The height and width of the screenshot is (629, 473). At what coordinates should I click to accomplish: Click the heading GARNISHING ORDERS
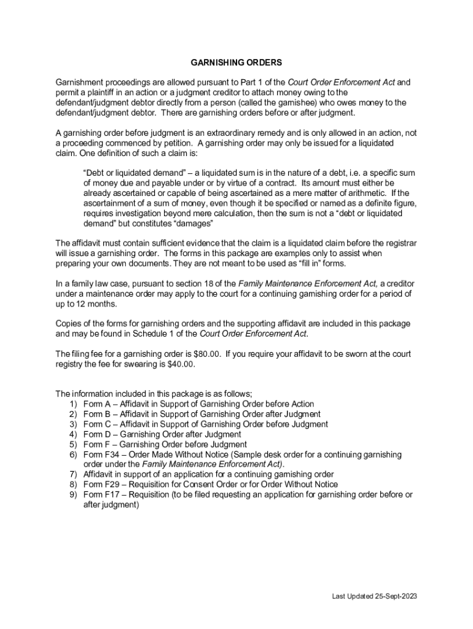point(236,63)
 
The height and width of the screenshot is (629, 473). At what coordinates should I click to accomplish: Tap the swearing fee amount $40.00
point(181,364)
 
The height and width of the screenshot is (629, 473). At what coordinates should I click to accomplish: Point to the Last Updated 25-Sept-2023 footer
point(375,596)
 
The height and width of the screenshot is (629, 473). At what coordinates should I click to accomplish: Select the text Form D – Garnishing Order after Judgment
point(162,434)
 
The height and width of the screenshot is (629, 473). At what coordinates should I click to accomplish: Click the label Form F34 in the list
point(97,455)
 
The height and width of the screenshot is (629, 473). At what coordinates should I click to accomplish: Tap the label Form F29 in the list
point(97,485)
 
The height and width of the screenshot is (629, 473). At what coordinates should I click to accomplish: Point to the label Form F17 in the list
point(97,494)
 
